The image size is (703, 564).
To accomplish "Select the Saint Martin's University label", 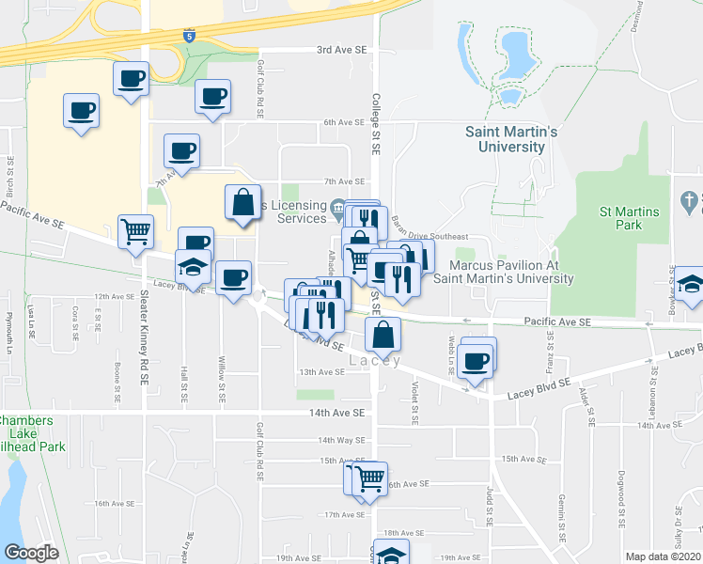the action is coord(511,139).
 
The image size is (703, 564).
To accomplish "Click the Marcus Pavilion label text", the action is coord(505,272).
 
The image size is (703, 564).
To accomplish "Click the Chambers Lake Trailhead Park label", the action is coord(33,433).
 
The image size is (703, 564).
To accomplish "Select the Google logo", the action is coord(31,552).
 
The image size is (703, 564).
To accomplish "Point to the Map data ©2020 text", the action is coord(663,556).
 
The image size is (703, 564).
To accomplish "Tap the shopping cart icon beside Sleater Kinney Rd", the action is coord(135,229).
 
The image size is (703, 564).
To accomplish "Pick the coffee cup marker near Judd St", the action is coord(476,359).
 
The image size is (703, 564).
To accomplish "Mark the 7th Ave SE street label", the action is coord(344,181).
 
